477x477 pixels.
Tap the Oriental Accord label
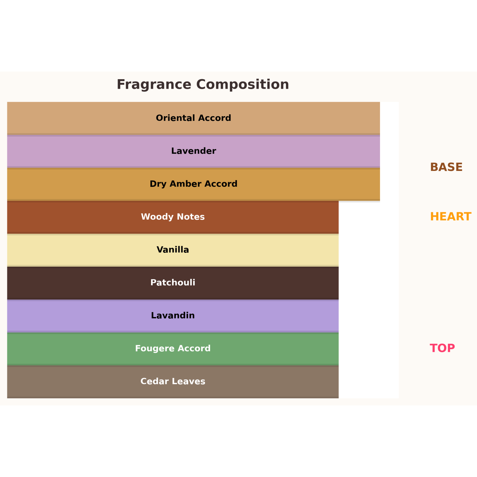[x=193, y=118]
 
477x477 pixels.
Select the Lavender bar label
[x=193, y=151]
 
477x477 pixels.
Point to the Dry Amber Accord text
[x=193, y=184]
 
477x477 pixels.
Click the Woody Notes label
[x=173, y=217]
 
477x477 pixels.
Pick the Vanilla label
[x=173, y=250]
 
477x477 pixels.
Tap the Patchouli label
[x=173, y=283]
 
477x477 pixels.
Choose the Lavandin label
[x=173, y=315]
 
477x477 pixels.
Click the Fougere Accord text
[x=173, y=348]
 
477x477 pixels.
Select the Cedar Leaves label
[x=173, y=381]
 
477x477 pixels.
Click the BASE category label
[x=446, y=167]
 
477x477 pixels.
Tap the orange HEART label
[x=450, y=217]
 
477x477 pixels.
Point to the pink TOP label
[x=442, y=348]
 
